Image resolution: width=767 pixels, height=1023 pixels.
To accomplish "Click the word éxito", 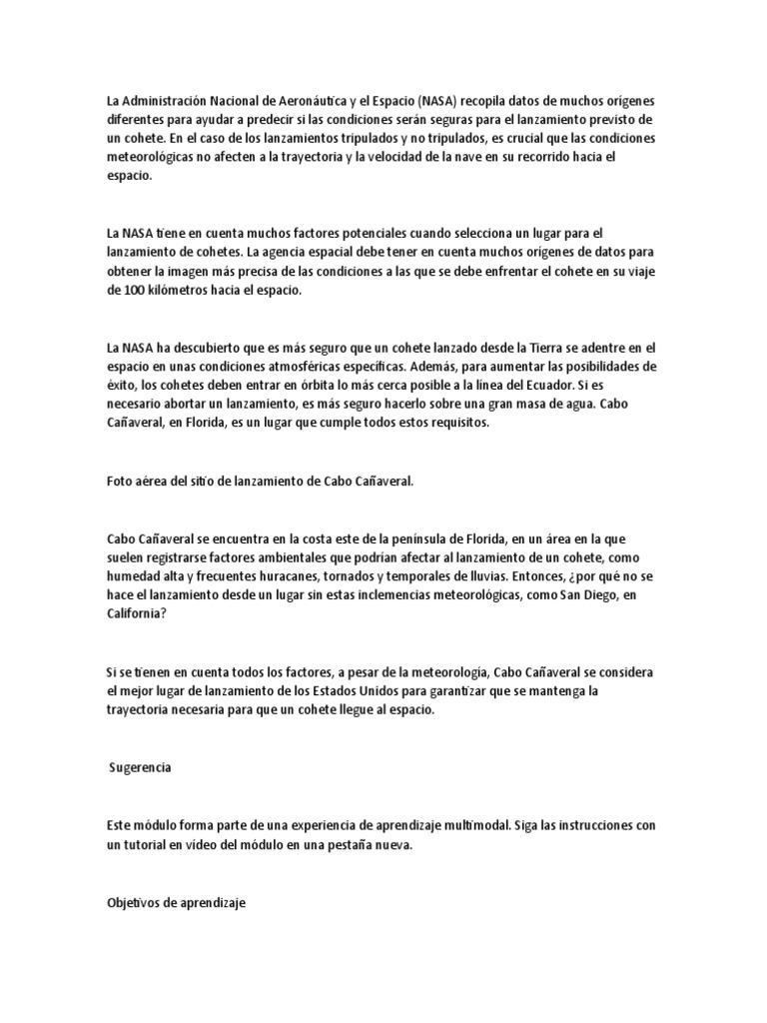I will point(123,384).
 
